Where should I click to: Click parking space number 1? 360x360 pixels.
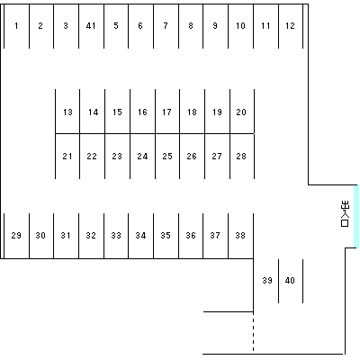pos(16,26)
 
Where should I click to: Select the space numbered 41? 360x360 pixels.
pos(91,26)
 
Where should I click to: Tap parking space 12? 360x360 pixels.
pos(291,26)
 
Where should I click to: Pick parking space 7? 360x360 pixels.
pos(166,26)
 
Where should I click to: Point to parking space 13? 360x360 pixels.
pos(67,112)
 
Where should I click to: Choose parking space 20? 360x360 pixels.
pos(242,112)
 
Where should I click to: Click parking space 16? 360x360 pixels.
pos(142,112)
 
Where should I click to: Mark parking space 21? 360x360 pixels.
pos(67,157)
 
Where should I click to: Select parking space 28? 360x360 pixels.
pos(242,157)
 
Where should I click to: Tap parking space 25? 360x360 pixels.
pos(167,157)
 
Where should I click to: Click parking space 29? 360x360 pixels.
pos(16,236)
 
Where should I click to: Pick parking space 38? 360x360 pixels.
pos(240,236)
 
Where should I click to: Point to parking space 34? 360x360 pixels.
pos(140,236)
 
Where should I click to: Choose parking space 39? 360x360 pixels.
pos(266,281)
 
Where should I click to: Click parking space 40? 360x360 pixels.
pos(291,281)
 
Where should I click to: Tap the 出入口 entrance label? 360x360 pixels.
pos(345,214)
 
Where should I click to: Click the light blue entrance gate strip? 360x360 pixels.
pos(356,216)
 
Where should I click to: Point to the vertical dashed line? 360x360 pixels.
pos(254,333)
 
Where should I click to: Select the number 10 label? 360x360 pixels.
pos(240,26)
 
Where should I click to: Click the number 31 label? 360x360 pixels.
pos(66,236)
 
